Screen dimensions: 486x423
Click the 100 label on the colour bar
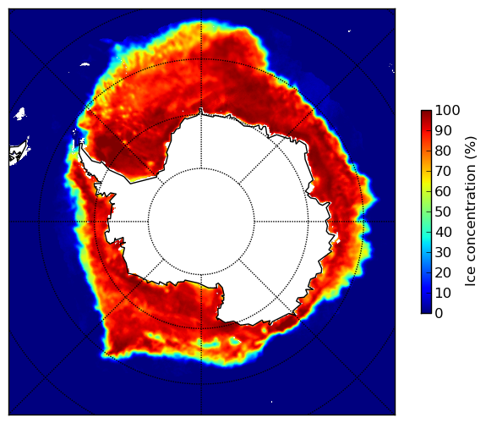pyautogui.click(x=447, y=110)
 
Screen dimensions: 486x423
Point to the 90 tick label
pyautogui.click(x=443, y=130)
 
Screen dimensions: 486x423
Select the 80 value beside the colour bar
pyautogui.click(x=443, y=151)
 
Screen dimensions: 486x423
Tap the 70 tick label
pyautogui.click(x=443, y=171)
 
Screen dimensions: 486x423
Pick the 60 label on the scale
pyautogui.click(x=443, y=191)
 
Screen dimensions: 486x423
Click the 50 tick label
pyautogui.click(x=443, y=211)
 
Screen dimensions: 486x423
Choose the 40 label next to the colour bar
pyautogui.click(x=443, y=232)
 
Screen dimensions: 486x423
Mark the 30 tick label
pyautogui.click(x=443, y=252)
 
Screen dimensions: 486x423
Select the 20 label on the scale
pyautogui.click(x=443, y=272)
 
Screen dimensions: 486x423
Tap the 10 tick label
pyautogui.click(x=443, y=293)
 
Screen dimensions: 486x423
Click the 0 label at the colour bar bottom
pyautogui.click(x=439, y=314)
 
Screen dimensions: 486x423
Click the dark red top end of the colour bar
pyautogui.click(x=426, y=113)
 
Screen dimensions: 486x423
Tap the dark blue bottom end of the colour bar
pyautogui.click(x=426, y=311)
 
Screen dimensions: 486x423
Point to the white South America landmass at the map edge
pyautogui.click(x=19, y=152)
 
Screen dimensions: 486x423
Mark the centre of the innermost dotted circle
pyautogui.click(x=201, y=222)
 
